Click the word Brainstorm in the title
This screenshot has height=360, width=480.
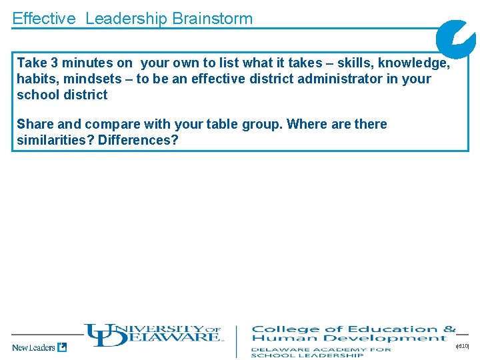tap(212, 19)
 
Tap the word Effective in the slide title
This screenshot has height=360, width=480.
tap(44, 19)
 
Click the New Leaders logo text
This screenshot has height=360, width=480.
tap(33, 347)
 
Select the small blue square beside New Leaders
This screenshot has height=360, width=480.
tap(62, 347)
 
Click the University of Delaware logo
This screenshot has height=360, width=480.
tap(153, 335)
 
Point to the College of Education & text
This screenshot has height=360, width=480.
tap(353, 329)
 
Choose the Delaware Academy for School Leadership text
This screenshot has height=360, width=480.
tap(321, 352)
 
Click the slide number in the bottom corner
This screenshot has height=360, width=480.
tap(463, 346)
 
